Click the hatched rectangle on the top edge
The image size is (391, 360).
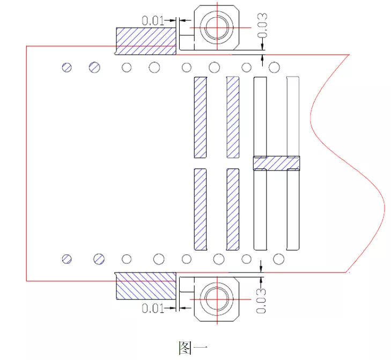pos(146,41)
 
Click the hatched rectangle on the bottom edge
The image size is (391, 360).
pos(146,285)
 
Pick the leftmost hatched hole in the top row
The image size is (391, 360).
pos(67,67)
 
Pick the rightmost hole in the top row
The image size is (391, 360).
pos(274,67)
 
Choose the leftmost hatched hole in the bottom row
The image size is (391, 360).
pos(67,259)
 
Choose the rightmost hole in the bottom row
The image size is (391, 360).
pos(278,259)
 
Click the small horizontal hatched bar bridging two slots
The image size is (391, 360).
pos(276,163)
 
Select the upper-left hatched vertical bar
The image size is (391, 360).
pos(200,117)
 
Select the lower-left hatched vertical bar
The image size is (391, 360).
pos(200,209)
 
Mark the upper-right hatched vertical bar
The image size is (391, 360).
pos(233,117)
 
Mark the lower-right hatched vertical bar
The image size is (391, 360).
pos(233,209)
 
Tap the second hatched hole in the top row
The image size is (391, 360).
pos(94,67)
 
